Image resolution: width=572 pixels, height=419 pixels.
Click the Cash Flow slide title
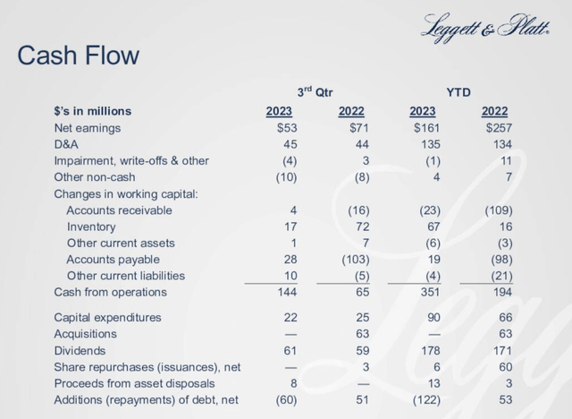click(x=79, y=56)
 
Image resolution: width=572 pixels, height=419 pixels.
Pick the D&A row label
click(x=67, y=144)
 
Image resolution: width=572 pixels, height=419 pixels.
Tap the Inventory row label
click(x=91, y=227)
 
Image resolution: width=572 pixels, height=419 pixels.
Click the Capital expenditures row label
click(x=107, y=318)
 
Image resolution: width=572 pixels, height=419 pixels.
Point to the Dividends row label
click(x=80, y=351)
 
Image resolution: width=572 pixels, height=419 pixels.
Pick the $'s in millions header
click(x=92, y=111)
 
